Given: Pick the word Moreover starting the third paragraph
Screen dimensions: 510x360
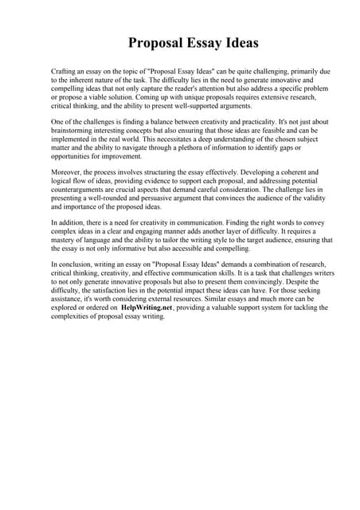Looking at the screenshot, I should [x=67, y=171].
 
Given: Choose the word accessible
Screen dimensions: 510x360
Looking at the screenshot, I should [x=198, y=249].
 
